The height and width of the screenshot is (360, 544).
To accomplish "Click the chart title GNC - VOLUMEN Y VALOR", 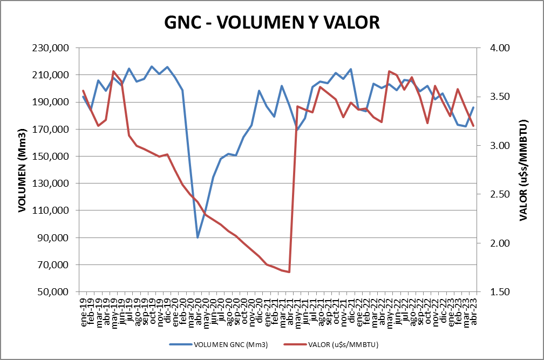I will point(272,22).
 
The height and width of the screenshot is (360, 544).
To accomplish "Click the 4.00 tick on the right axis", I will point(500,48).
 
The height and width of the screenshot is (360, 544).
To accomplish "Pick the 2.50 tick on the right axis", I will point(500,194).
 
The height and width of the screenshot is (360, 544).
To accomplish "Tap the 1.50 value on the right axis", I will point(500,292).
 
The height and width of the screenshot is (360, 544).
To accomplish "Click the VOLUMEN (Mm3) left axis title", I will point(22,171).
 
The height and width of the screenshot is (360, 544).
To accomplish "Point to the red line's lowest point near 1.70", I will point(289,272).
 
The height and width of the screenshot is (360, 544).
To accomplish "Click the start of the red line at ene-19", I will point(83,91).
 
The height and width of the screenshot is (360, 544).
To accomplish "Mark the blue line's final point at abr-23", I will point(473,107).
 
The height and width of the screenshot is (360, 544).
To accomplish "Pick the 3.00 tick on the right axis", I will point(500,146).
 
